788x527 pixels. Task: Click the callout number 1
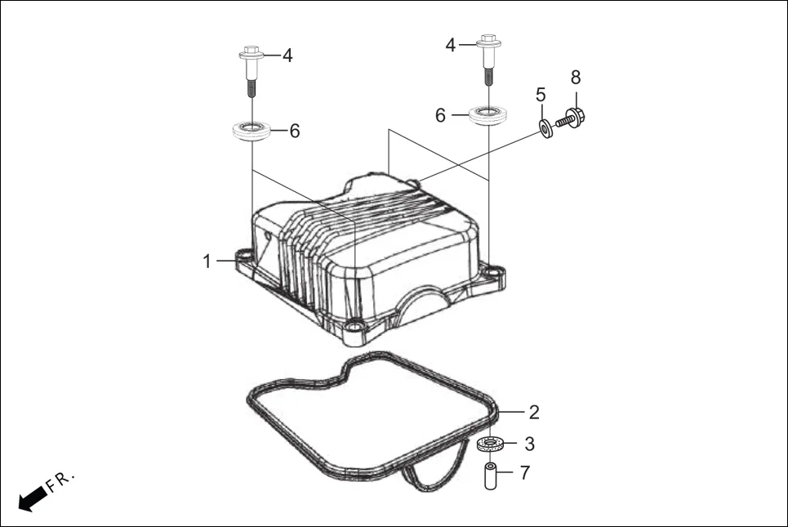tap(207, 261)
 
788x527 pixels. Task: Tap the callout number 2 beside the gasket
tap(533, 411)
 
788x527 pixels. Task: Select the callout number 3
tap(529, 444)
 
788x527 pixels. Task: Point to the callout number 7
tap(525, 473)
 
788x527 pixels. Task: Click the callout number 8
tap(576, 78)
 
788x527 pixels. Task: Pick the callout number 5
tap(541, 95)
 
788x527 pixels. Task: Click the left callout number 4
tap(287, 56)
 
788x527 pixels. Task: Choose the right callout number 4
tap(450, 45)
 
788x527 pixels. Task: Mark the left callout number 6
tap(294, 131)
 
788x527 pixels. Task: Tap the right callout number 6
tap(441, 116)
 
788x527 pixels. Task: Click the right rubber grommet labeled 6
tap(489, 113)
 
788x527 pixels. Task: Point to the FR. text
tap(61, 481)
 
